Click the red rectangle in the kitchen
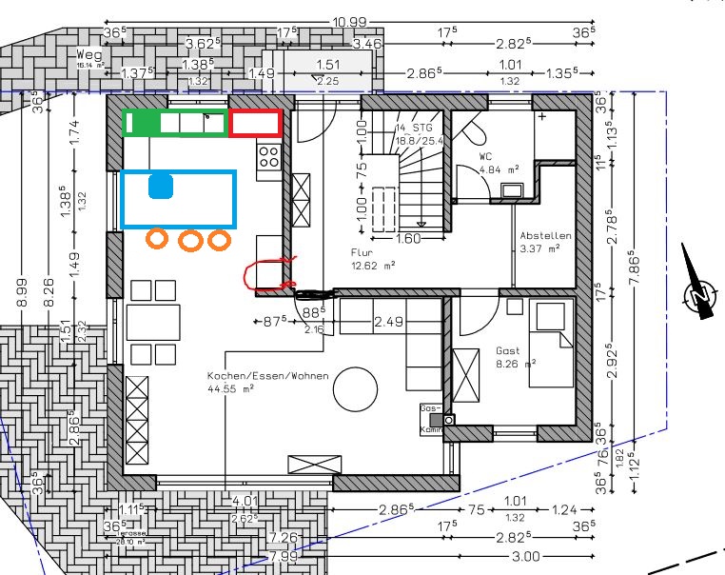(x=255, y=123)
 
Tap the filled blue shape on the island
(x=161, y=186)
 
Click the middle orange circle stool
(x=191, y=240)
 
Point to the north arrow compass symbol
(x=702, y=297)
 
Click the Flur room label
(x=362, y=254)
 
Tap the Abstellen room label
(x=544, y=235)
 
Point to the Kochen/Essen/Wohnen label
(x=267, y=376)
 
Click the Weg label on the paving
(x=89, y=56)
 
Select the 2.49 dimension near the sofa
(x=389, y=322)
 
